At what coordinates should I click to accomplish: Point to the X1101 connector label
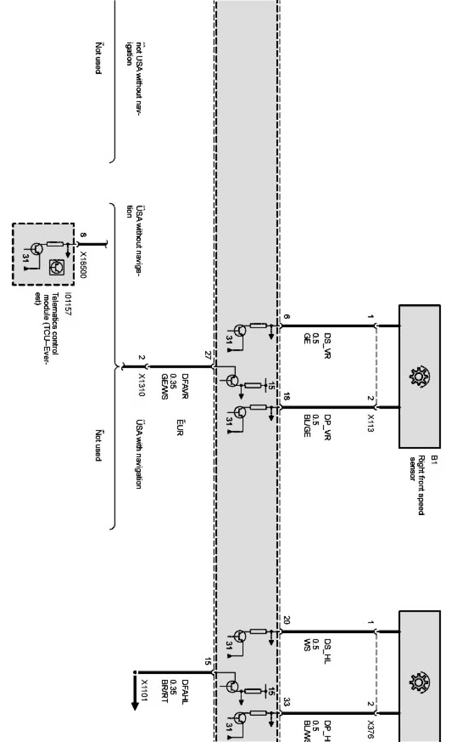tap(144, 690)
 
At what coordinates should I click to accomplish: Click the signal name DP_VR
tap(327, 426)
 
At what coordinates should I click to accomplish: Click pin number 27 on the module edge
tap(208, 356)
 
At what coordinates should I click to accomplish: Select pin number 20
tap(287, 620)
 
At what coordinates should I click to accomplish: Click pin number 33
tap(287, 702)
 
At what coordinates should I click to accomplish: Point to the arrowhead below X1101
tap(135, 705)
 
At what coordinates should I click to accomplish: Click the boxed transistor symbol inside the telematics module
tap(58, 266)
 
